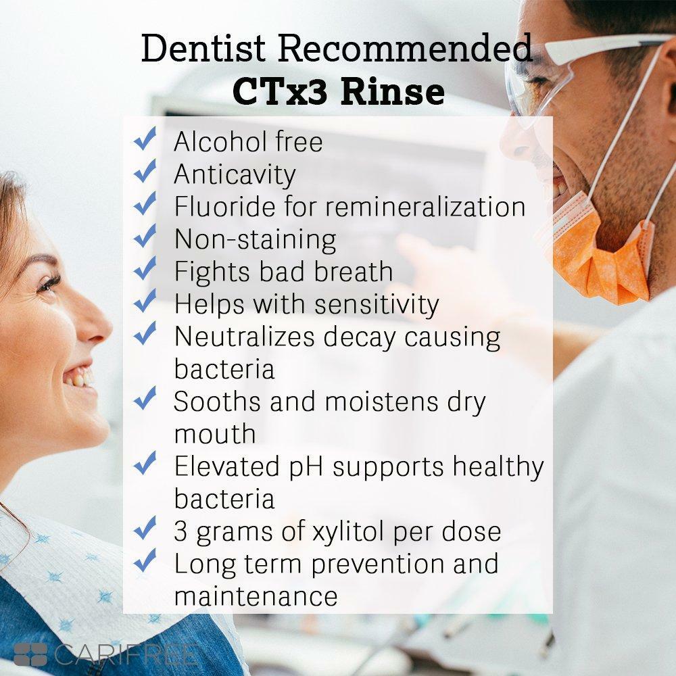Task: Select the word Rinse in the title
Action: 392,92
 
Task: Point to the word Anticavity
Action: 235,174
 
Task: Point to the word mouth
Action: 215,433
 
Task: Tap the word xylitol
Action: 345,531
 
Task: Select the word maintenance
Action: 256,596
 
